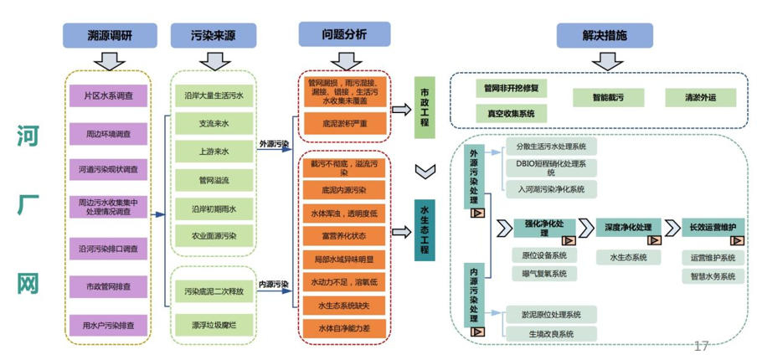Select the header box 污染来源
click(x=214, y=36)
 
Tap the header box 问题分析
click(x=343, y=34)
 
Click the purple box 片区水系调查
click(x=109, y=96)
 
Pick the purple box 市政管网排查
click(x=109, y=288)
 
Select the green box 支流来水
click(x=214, y=123)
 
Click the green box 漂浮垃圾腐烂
click(x=214, y=322)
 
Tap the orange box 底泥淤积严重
click(x=343, y=123)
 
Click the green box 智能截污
click(x=608, y=97)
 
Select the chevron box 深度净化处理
click(x=627, y=228)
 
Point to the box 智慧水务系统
click(x=712, y=275)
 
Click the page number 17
click(x=701, y=346)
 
